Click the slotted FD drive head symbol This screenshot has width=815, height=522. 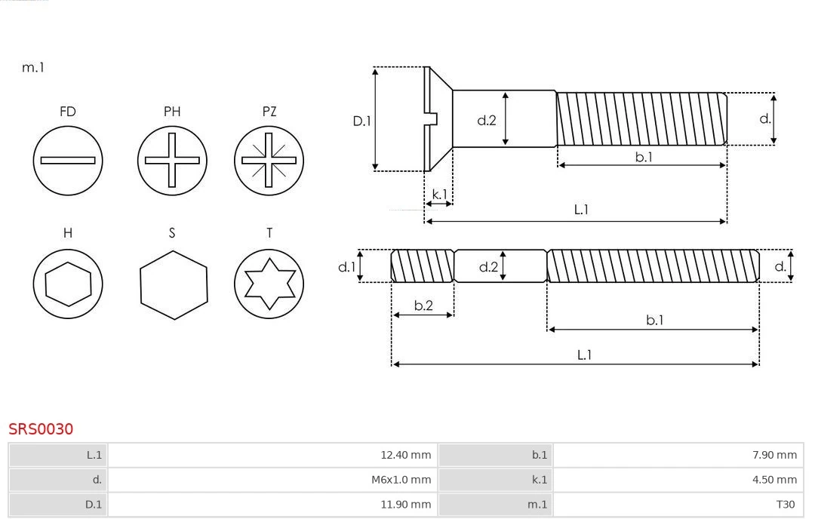click(68, 160)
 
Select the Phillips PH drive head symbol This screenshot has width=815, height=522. click(172, 160)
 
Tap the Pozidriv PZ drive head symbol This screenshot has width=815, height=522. click(269, 160)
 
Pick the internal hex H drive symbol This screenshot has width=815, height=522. click(68, 284)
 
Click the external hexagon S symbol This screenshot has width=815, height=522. click(173, 284)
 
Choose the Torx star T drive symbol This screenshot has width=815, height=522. click(269, 284)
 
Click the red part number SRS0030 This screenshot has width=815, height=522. click(41, 429)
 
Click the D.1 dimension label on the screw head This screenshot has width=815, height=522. click(362, 120)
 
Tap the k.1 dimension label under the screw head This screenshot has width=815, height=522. click(438, 194)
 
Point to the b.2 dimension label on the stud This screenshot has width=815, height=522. click(423, 306)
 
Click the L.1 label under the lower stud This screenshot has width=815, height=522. click(583, 355)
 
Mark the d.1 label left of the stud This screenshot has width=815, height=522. click(346, 266)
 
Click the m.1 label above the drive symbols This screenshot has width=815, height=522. click(33, 67)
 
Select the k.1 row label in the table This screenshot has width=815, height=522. click(539, 479)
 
